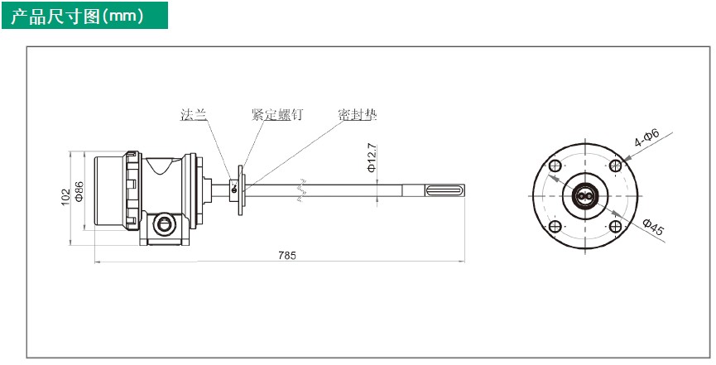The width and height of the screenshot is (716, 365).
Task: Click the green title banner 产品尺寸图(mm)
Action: click(x=84, y=16)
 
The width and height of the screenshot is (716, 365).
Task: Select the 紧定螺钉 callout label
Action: click(x=276, y=115)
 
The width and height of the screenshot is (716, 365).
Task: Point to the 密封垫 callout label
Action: click(x=358, y=115)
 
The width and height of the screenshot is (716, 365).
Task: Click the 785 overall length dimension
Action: click(x=287, y=256)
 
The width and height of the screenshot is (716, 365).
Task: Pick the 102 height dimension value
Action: click(x=66, y=197)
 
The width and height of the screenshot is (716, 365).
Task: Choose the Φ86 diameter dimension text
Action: click(x=79, y=191)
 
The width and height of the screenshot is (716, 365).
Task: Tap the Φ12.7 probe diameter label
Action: click(x=372, y=157)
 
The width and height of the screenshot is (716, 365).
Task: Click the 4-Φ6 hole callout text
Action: click(x=647, y=137)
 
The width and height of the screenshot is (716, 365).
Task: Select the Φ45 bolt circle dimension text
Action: click(x=653, y=227)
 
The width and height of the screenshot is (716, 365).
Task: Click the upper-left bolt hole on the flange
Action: click(x=555, y=166)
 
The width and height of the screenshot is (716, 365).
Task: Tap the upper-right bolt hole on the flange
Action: click(x=616, y=166)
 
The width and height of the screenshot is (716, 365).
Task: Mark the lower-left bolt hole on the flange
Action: click(x=555, y=226)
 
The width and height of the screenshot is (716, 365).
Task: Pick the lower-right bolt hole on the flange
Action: click(x=616, y=226)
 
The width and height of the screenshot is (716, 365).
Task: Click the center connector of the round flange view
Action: click(x=585, y=196)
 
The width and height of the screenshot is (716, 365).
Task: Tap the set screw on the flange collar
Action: click(x=234, y=190)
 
